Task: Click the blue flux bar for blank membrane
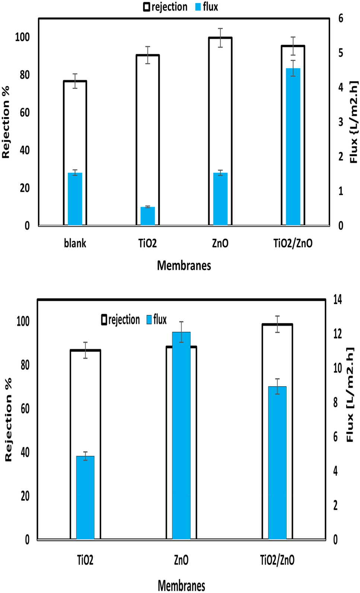coord(75,199)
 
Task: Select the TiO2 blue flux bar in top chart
coord(147,216)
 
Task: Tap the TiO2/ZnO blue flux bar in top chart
coord(293,147)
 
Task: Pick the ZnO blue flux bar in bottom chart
coord(181,435)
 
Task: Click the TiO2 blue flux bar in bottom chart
coord(85,497)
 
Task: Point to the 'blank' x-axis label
coord(75,243)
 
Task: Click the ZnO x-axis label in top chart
coord(220,243)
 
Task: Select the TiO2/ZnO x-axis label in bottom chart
coord(277,560)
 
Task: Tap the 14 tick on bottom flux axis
coord(337,299)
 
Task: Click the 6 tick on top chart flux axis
coord(341,18)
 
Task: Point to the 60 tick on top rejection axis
coord(25,112)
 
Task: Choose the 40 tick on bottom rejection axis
coord(25,452)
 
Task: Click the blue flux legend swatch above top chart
coord(198,7)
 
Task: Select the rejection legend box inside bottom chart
coord(104,320)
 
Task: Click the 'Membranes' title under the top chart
coord(184,266)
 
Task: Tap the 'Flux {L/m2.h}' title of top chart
coord(353,122)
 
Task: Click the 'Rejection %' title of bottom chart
coord(8,420)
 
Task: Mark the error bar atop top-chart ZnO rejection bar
coord(220,38)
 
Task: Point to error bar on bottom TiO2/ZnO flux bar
coord(277,386)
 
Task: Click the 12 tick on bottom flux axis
coord(337,334)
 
